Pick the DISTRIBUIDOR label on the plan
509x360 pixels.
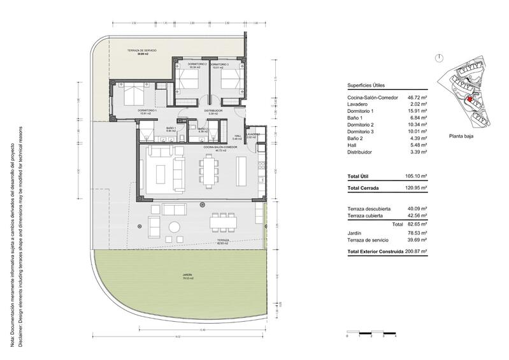[x=213, y=110]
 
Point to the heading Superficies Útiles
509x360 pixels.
[x=368, y=85]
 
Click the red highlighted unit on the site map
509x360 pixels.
[x=470, y=99]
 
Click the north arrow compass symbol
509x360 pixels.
[x=439, y=57]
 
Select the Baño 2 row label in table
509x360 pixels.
[x=357, y=139]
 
